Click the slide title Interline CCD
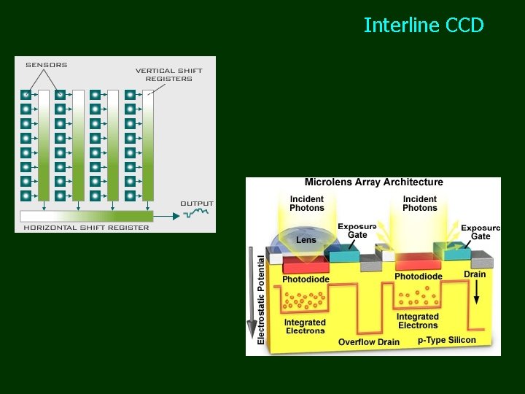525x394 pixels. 423,26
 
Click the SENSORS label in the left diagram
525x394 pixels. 46,65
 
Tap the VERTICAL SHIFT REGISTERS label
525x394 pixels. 168,74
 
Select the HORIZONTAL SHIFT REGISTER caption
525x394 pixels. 86,227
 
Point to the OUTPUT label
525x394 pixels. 197,204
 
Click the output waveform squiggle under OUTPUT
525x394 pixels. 196,214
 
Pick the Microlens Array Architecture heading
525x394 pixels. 373,182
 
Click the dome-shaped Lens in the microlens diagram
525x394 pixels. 306,240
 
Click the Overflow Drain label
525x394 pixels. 368,342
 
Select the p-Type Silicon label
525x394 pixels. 446,340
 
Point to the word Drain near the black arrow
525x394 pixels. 475,275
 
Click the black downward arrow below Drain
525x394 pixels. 477,293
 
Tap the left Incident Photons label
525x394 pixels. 307,204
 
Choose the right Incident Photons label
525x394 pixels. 419,204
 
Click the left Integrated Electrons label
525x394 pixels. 305,326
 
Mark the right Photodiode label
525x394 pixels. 418,277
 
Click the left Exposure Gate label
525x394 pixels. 357,231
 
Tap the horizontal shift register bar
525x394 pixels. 87,216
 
